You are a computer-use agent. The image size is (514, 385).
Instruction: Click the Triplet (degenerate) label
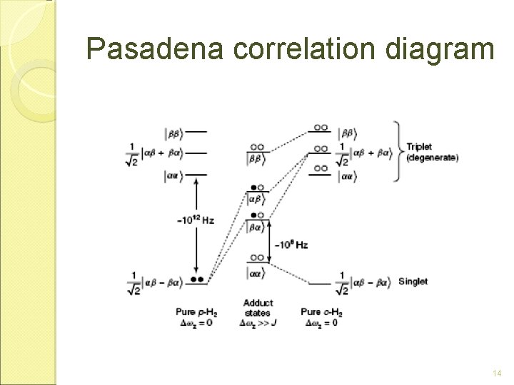pos(432,152)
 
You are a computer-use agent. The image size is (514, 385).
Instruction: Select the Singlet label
pos(413,281)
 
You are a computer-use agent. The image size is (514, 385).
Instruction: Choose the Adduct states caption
pos(258,307)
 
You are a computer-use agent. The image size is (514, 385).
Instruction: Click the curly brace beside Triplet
pos(396,151)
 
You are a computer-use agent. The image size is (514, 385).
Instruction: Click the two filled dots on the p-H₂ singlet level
pos(198,278)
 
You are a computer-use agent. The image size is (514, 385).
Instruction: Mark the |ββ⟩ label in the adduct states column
pos(256,158)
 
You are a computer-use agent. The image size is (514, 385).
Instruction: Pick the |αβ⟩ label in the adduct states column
pos(257,199)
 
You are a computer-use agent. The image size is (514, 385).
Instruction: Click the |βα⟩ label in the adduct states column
pos(256,227)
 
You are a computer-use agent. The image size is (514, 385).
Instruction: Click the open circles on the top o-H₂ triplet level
pos(321,127)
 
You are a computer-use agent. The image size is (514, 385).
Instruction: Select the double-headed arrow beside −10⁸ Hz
pos(269,242)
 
